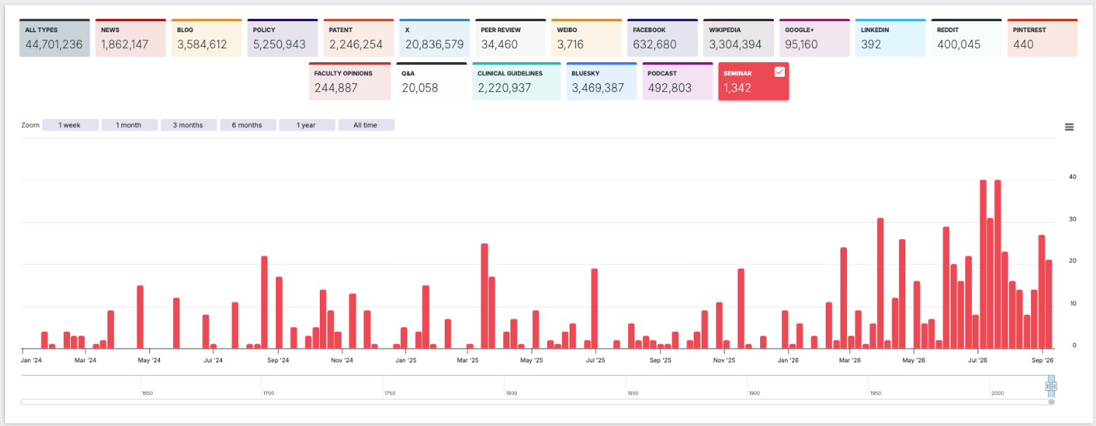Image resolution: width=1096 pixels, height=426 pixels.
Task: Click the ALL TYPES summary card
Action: point(54,38)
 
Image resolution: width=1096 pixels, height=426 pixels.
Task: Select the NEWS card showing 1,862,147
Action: point(131,38)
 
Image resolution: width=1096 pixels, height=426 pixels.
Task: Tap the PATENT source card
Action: point(359,38)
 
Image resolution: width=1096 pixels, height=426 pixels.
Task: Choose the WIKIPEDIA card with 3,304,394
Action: point(738,38)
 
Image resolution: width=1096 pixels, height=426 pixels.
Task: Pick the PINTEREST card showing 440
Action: point(1042,38)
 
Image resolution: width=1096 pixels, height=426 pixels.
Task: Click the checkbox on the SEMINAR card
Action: point(779,72)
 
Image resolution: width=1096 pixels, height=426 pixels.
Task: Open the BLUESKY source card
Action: point(602,81)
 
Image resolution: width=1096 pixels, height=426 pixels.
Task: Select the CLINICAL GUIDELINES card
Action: point(516,81)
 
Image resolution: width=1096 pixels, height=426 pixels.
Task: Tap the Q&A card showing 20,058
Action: point(432,81)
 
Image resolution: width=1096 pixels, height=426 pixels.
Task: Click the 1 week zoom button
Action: point(70,125)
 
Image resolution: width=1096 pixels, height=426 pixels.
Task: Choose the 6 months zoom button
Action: point(248,125)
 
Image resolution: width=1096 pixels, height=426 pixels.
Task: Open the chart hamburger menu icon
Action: point(1070,127)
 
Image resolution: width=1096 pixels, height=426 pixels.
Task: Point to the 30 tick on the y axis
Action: point(1073,219)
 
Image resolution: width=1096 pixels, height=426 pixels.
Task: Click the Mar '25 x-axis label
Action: point(468,360)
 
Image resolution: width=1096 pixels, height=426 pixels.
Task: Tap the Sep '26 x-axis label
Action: point(1042,360)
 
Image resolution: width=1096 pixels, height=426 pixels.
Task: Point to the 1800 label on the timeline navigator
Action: point(511,393)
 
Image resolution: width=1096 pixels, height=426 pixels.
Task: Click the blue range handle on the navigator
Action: point(1051,387)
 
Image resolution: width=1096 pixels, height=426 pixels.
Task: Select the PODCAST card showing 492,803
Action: point(677,81)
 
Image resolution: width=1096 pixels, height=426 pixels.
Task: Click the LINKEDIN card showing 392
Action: point(891,38)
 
